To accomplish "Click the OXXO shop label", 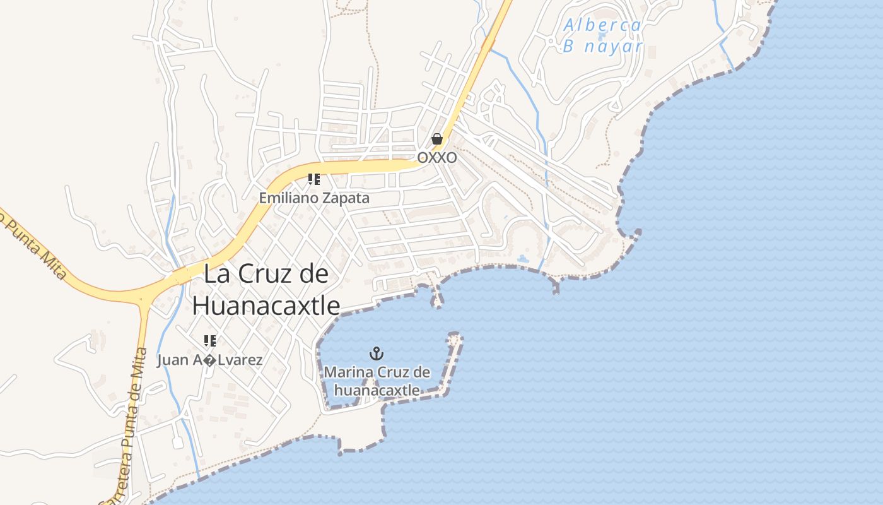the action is click(437, 157).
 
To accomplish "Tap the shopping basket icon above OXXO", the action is click(436, 139).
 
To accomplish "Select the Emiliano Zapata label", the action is click(314, 198).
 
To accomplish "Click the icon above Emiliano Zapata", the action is click(314, 179).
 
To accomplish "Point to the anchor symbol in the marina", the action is click(377, 353).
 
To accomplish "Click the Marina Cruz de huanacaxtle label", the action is click(377, 381).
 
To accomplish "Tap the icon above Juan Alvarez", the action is click(210, 341).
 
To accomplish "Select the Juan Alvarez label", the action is click(210, 360).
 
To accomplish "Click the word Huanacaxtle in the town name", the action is click(266, 306).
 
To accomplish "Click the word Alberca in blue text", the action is click(602, 25).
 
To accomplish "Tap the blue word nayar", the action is click(612, 47).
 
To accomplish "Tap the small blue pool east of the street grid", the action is click(523, 258).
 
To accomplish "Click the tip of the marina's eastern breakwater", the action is click(455, 338).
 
